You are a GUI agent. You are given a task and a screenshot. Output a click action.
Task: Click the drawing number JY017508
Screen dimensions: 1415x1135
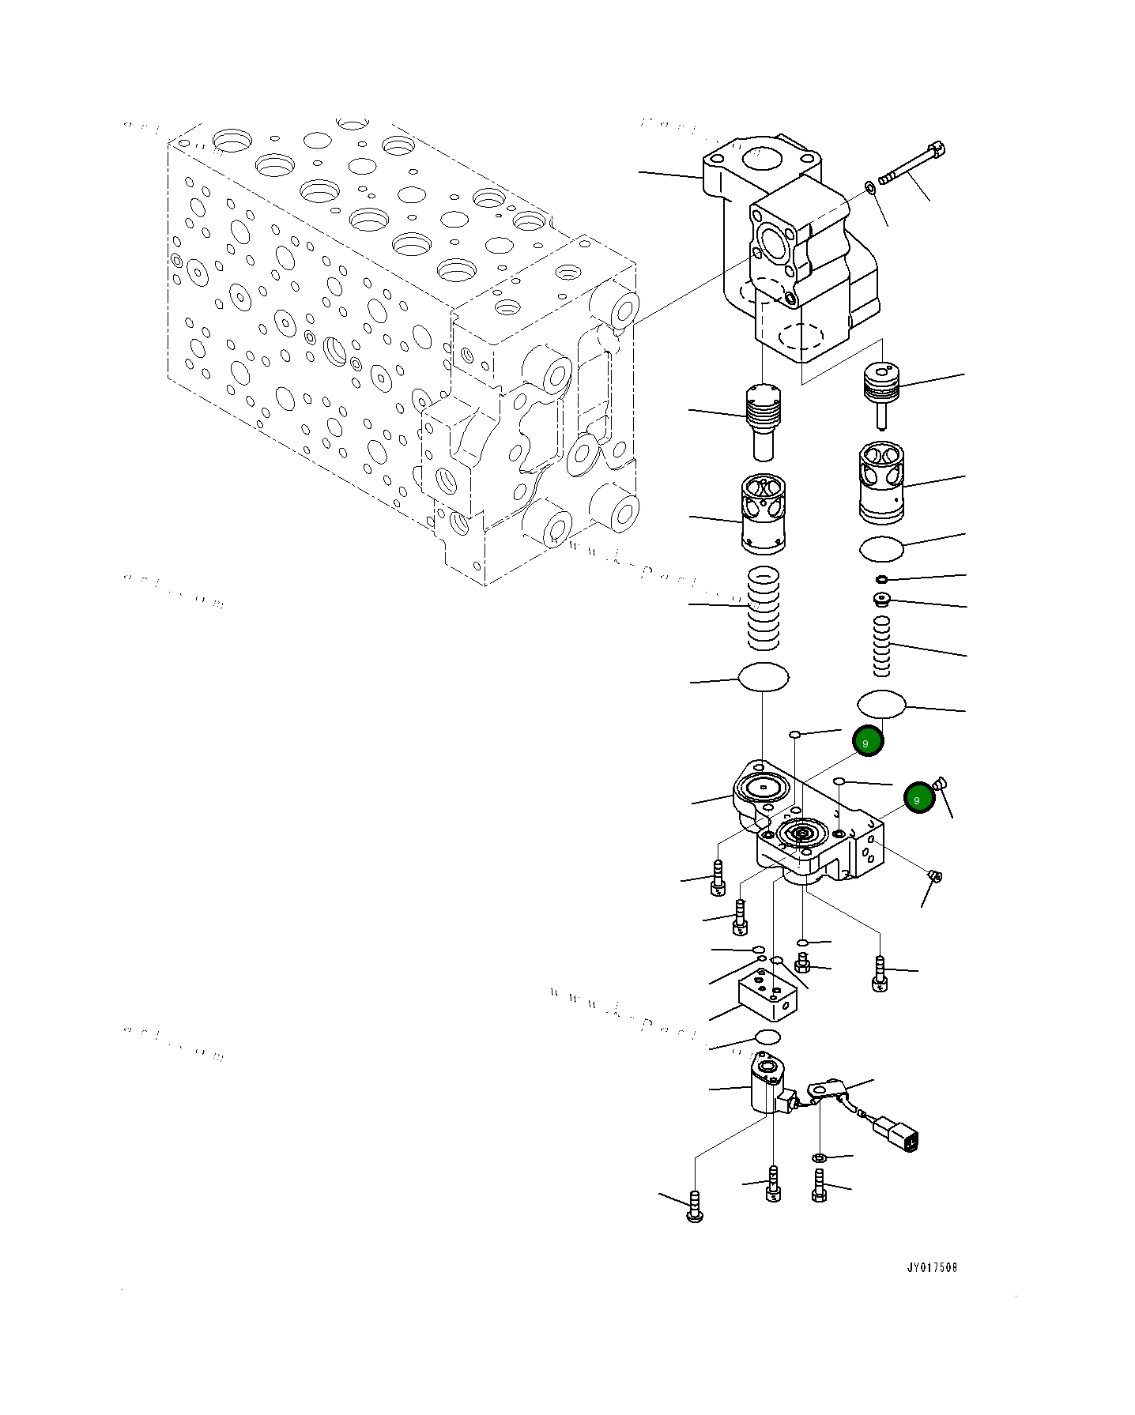click(x=931, y=1267)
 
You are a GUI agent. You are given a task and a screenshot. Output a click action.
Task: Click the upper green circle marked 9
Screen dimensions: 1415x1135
click(x=868, y=741)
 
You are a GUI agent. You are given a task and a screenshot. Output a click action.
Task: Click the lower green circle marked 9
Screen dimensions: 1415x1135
click(x=918, y=798)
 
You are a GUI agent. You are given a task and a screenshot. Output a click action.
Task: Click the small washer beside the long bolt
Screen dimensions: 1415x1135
click(x=870, y=188)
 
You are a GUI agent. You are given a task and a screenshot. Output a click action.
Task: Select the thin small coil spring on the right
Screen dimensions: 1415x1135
click(x=881, y=646)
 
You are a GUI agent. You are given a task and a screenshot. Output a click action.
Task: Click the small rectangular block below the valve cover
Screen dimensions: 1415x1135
click(x=767, y=997)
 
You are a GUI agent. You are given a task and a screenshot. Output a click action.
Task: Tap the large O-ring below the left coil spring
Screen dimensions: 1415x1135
click(x=763, y=677)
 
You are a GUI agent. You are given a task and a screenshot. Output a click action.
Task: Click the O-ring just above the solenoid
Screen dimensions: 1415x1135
click(x=767, y=1037)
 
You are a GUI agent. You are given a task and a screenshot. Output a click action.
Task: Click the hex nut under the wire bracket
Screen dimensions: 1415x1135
click(x=819, y=1157)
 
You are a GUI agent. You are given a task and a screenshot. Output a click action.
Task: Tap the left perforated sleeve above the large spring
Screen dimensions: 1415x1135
click(x=764, y=514)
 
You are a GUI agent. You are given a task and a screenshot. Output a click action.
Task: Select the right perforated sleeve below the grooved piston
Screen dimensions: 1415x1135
click(x=880, y=481)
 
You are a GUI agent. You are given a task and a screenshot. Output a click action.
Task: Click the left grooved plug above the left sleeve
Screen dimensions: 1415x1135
click(x=763, y=419)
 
